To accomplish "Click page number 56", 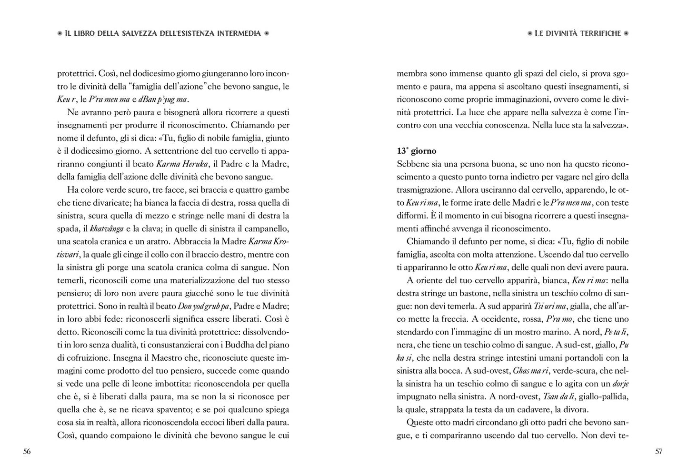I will pyautogui.click(x=27, y=452).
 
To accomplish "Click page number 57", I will pyautogui.click(x=659, y=452).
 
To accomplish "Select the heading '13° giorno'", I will pyautogui.click(x=416, y=151).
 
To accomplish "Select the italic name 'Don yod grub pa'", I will pyautogui.click(x=205, y=306).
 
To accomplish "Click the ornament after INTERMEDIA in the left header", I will pyautogui.click(x=267, y=33).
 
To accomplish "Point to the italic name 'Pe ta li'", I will pyautogui.click(x=617, y=332).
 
